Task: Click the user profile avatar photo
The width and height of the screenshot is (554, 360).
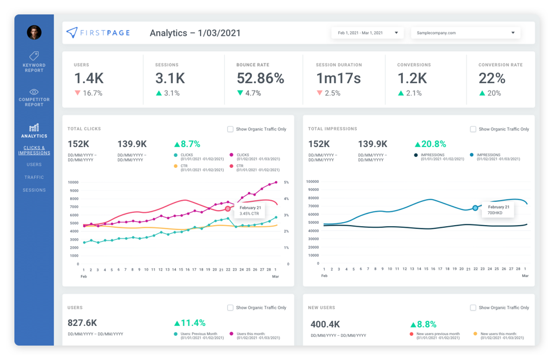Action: point(34,32)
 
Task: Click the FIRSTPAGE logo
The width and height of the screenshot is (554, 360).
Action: point(98,33)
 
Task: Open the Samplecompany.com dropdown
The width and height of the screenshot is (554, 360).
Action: point(465,33)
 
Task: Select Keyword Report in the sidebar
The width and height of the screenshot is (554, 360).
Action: point(34,62)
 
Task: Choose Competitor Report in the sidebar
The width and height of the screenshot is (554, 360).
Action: point(34,97)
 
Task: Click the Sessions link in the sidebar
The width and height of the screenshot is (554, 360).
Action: point(34,190)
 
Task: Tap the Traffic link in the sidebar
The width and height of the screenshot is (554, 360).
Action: point(34,177)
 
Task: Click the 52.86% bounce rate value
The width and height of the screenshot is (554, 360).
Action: point(261,78)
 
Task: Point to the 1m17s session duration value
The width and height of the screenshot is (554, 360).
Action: point(338,78)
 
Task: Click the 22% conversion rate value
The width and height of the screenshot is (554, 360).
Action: point(492,78)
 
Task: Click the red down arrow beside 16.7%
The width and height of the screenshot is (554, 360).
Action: point(77,93)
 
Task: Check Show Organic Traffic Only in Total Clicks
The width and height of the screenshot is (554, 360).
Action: point(231,129)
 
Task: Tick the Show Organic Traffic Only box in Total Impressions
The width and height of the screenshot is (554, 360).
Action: point(473,129)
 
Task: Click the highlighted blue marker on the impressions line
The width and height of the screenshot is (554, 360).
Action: point(475,208)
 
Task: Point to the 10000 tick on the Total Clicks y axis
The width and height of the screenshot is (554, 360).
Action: point(73,182)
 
